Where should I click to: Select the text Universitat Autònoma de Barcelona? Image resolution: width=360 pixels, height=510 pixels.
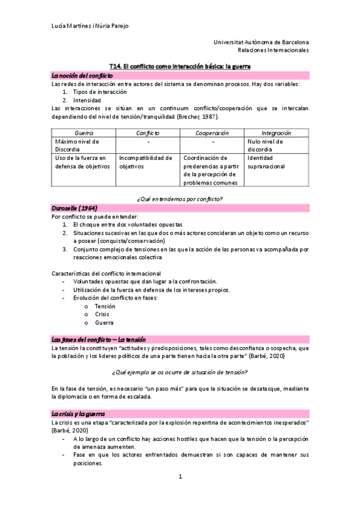click(x=261, y=42)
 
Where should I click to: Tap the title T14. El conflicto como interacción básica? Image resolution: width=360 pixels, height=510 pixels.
click(x=180, y=66)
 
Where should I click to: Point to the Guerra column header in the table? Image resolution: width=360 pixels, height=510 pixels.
click(x=83, y=132)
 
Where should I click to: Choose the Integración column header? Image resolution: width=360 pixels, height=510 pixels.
click(x=276, y=132)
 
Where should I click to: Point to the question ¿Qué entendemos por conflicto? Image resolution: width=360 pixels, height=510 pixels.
click(x=180, y=197)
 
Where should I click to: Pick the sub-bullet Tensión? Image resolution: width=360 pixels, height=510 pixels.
click(x=105, y=306)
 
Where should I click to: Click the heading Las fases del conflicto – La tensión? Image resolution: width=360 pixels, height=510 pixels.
click(x=99, y=340)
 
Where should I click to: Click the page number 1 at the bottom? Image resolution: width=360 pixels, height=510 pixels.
click(x=180, y=477)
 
